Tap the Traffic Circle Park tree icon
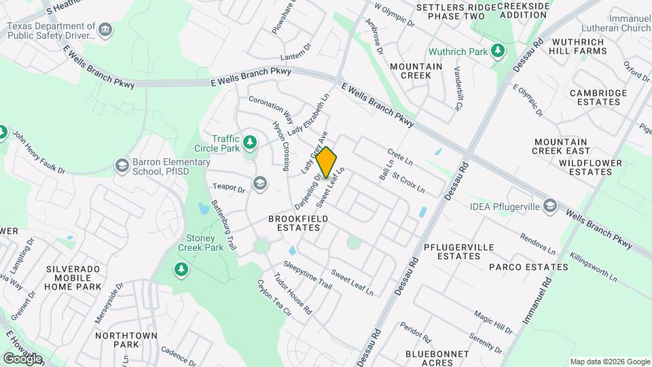point(251,142)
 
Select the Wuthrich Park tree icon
point(498,51)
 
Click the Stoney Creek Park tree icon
point(181,270)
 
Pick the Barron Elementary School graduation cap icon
point(122,165)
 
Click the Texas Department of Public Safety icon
point(105,30)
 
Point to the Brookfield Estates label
point(298,224)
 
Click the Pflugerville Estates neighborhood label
point(449,251)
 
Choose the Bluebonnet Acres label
point(437,358)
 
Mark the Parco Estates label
point(528,267)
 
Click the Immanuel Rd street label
point(536,301)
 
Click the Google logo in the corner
point(22,358)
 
